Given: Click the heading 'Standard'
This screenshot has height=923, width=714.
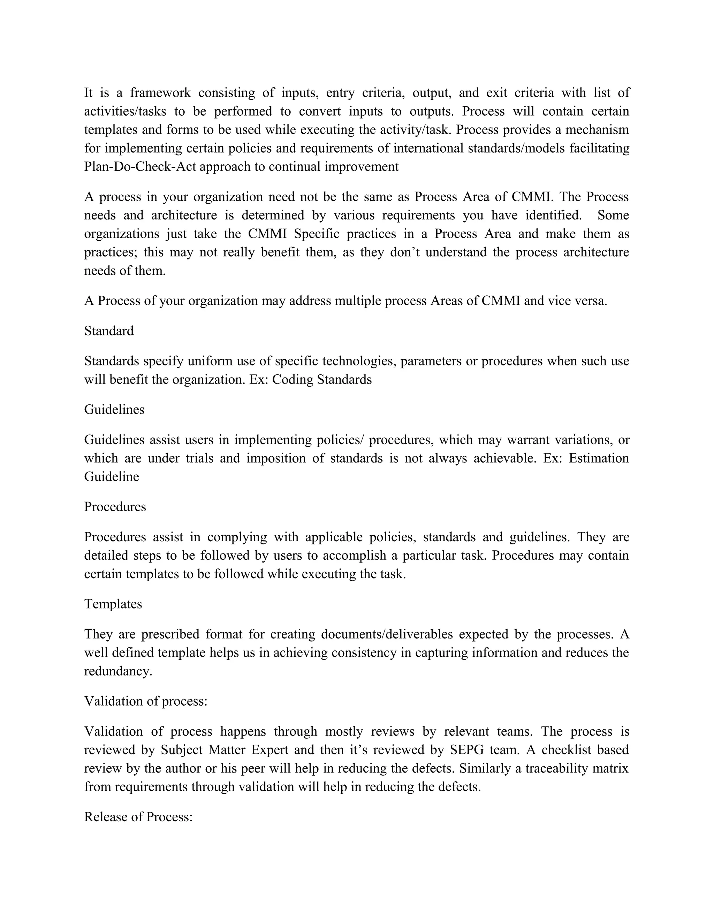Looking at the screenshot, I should pos(109,331).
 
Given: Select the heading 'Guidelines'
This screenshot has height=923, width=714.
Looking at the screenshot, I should pos(114,410).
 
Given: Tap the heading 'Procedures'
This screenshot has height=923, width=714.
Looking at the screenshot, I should pos(115,507).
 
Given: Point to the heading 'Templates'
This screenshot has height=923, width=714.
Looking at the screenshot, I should pos(113,604).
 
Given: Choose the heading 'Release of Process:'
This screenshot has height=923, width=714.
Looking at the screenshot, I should pos(138,817).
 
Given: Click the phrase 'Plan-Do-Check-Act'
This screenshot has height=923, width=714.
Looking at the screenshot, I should pos(140,166).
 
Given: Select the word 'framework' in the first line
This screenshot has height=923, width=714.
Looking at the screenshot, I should pos(160,93).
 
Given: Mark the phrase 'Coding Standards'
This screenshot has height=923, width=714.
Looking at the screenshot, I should pos(322,380).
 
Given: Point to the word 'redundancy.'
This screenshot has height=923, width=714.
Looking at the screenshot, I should pos(118,671).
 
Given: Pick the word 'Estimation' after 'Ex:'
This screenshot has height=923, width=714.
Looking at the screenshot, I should pos(599,458).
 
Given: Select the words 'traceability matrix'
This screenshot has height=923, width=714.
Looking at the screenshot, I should pos(577,768).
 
